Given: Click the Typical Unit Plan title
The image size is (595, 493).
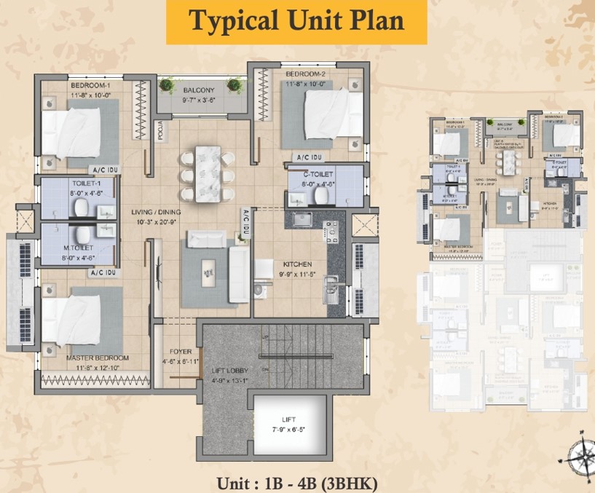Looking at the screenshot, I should click(x=296, y=21).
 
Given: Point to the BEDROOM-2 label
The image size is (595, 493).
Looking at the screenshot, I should click(x=304, y=75).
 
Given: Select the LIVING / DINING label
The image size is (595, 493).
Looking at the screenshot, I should click(x=157, y=212).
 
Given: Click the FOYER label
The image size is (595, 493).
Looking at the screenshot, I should click(x=181, y=352).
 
